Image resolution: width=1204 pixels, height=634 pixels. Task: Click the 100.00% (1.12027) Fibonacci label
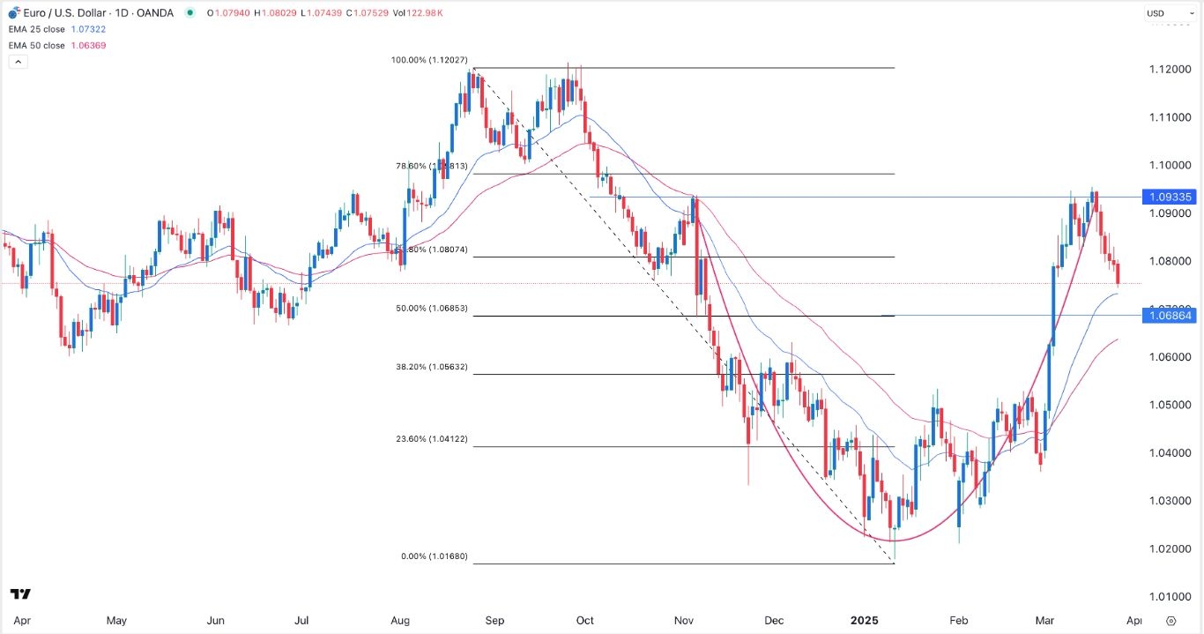tap(432, 60)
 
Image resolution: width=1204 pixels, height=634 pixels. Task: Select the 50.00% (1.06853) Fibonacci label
tap(432, 309)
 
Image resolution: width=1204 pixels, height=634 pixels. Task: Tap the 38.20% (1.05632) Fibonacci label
tap(432, 367)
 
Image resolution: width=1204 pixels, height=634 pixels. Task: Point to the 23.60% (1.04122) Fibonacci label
tap(432, 439)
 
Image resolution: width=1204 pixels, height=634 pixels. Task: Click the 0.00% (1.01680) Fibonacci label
tap(432, 556)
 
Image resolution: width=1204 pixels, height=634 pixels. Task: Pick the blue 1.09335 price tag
tap(1168, 197)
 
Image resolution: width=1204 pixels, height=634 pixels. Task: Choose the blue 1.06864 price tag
tap(1168, 316)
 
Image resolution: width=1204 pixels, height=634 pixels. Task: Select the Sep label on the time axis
tap(494, 620)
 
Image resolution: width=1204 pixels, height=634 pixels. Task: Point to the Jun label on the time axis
tap(215, 620)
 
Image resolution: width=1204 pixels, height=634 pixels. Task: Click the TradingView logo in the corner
tap(20, 593)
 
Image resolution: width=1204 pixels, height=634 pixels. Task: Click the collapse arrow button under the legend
tap(18, 62)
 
